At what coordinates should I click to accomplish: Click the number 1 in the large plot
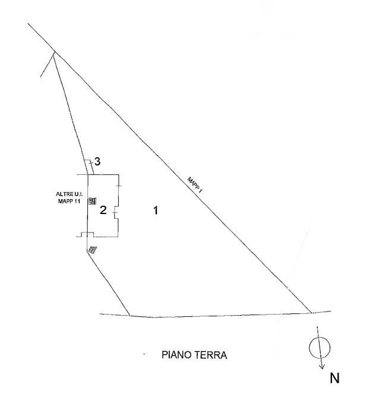pos(156,210)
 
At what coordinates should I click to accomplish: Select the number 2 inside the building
pos(103,210)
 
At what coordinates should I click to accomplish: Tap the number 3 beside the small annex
pos(97,161)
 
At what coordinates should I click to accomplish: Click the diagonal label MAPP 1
pos(195,185)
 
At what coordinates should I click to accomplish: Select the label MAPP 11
pos(69,202)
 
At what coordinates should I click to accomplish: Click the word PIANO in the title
pos(176,355)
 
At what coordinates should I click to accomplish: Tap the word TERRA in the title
pos(210,355)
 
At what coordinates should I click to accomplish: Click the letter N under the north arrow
pos(334,378)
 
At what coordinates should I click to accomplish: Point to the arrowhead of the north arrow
pos(322,367)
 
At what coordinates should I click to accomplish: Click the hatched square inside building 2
pos(92,201)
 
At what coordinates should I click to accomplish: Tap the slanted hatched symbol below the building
pos(92,250)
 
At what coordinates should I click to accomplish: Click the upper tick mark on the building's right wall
pos(119,186)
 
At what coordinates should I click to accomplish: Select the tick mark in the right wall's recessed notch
pos(115,212)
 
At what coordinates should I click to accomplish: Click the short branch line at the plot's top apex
pos(48,65)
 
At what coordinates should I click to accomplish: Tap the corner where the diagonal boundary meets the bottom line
pos(311,313)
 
